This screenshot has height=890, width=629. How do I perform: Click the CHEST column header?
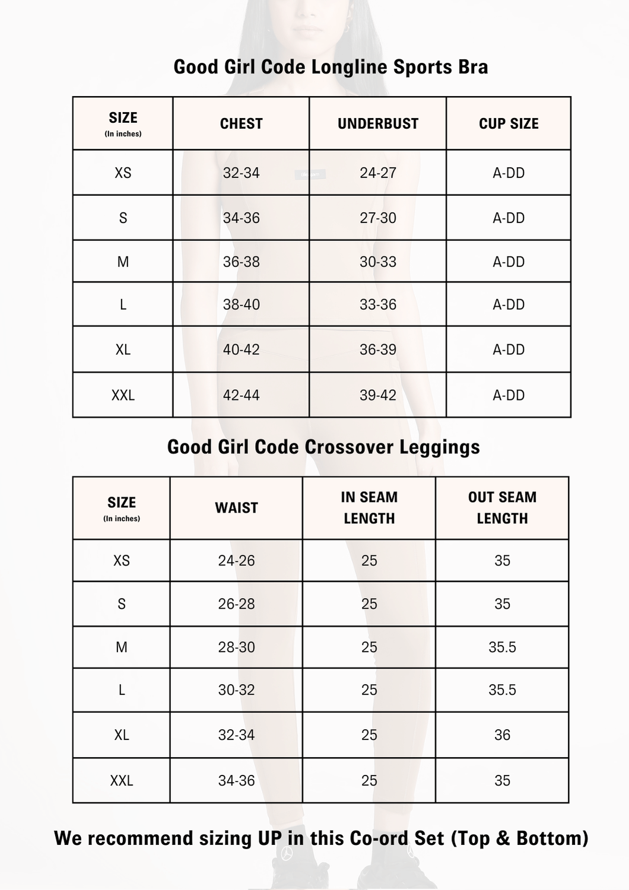[241, 123]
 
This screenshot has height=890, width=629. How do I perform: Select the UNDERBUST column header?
[378, 123]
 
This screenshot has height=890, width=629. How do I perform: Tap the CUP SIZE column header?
[509, 123]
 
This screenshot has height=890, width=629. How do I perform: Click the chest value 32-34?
[241, 173]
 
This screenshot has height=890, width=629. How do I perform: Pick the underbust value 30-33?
[378, 262]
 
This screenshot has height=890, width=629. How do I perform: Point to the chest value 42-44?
[241, 395]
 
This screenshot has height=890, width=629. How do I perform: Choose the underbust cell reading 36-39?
[378, 349]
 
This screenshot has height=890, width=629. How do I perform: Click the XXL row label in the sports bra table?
[123, 395]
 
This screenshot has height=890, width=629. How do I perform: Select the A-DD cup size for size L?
[509, 304]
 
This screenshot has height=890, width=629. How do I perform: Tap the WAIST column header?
[236, 508]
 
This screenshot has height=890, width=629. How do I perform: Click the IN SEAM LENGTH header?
[369, 508]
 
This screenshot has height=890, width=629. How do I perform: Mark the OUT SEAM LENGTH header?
[502, 508]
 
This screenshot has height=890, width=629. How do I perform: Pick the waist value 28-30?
[236, 647]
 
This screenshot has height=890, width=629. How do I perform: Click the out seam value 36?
[502, 735]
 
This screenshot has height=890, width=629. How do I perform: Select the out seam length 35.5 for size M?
[502, 647]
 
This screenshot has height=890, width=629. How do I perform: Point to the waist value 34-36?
[236, 781]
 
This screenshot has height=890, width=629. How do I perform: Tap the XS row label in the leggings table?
[122, 561]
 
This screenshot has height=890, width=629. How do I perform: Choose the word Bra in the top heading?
[473, 67]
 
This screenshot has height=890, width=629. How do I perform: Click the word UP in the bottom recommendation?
[270, 838]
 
